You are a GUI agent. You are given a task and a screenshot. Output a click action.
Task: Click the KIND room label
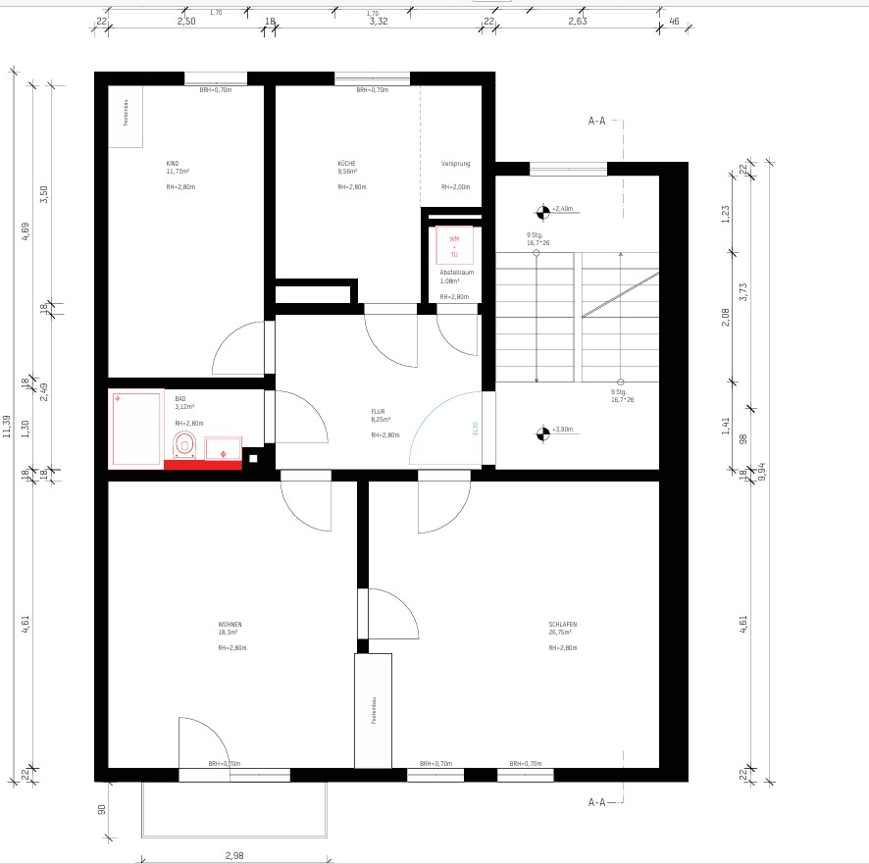tap(173, 163)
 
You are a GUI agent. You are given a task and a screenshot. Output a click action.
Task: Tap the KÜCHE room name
tap(346, 163)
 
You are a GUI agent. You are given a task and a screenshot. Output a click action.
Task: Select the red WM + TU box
tap(454, 245)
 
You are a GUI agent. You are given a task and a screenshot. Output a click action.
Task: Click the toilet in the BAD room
tap(184, 445)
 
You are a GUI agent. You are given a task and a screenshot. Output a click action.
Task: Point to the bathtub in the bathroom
tap(136, 430)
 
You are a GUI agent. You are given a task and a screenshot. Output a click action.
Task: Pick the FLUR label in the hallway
tap(378, 412)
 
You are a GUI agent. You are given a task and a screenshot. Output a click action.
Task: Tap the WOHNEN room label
tap(230, 624)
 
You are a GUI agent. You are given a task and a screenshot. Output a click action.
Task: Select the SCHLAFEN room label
tap(562, 624)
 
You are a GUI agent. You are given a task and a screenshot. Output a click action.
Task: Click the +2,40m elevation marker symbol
tap(541, 209)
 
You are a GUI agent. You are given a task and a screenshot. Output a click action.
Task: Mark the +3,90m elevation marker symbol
tap(541, 430)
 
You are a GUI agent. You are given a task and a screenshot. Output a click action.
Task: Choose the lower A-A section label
tap(596, 802)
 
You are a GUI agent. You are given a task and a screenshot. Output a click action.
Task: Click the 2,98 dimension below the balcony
tap(233, 855)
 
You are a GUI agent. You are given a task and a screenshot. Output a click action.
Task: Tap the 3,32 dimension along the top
tap(379, 21)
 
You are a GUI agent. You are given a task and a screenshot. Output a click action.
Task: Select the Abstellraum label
tap(456, 272)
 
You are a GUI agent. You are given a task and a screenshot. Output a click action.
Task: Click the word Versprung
tap(455, 163)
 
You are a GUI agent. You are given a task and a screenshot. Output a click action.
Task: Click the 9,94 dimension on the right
tap(762, 472)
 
